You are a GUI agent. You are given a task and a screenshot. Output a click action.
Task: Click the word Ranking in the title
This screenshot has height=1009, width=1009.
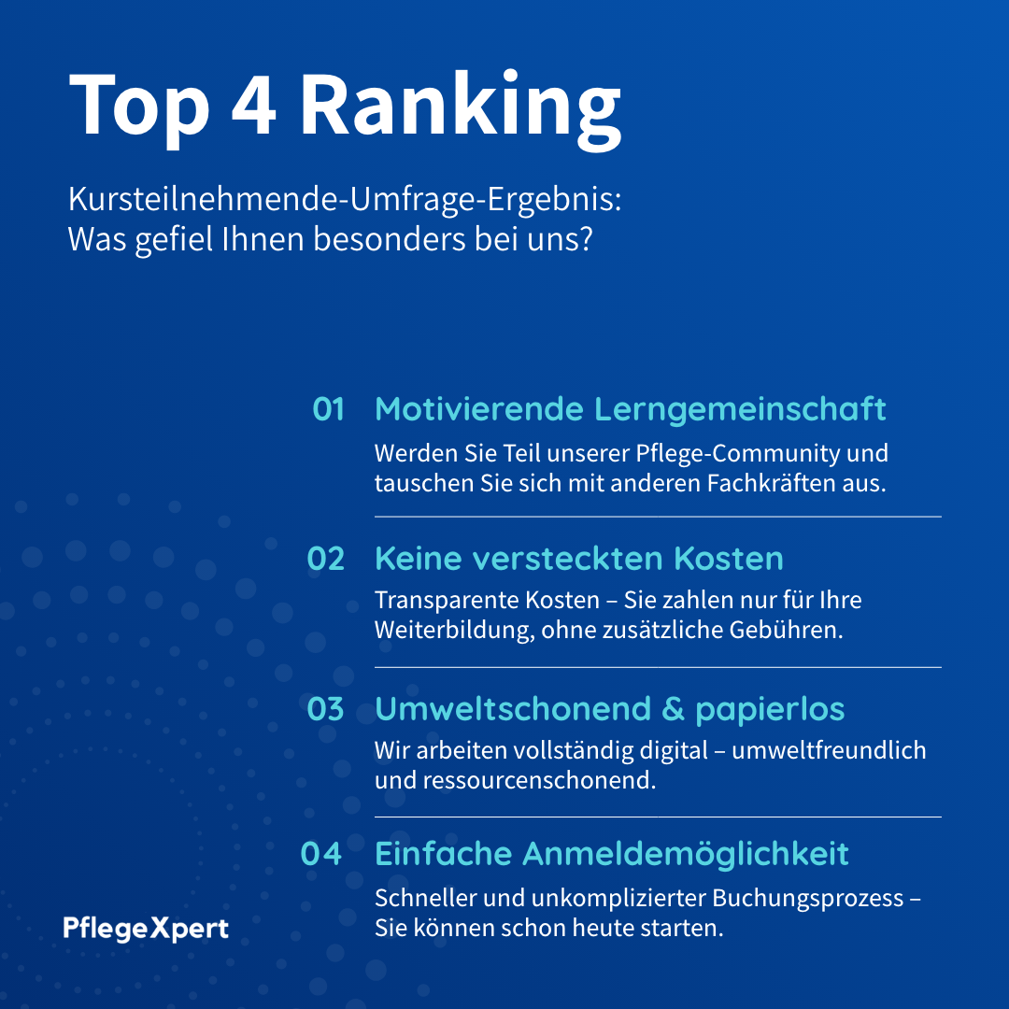pos(460,105)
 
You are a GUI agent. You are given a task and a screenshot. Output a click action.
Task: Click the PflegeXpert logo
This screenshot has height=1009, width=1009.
pos(146,929)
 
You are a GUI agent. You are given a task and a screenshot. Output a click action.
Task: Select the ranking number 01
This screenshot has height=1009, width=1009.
pos(328,409)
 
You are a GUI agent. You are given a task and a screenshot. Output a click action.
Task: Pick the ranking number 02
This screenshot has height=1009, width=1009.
pos(325,559)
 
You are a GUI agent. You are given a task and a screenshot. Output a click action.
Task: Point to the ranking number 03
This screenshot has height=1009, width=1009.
pos(325,709)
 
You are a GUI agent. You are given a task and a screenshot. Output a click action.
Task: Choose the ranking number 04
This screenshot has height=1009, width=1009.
pos(321,854)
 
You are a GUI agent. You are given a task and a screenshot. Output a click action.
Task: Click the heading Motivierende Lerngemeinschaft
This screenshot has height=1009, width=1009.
pos(630,409)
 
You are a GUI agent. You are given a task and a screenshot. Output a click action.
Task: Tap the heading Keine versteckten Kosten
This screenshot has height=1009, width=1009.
pos(578,559)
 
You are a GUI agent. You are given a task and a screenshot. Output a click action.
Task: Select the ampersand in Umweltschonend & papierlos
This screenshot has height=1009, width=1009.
pos(673,709)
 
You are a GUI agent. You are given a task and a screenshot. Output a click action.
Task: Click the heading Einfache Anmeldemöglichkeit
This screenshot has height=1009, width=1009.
pos(611,854)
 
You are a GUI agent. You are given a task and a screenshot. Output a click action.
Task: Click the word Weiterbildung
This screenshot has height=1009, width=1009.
pos(452,630)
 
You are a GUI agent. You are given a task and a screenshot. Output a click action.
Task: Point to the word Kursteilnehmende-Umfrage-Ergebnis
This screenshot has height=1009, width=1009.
pos(343,200)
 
